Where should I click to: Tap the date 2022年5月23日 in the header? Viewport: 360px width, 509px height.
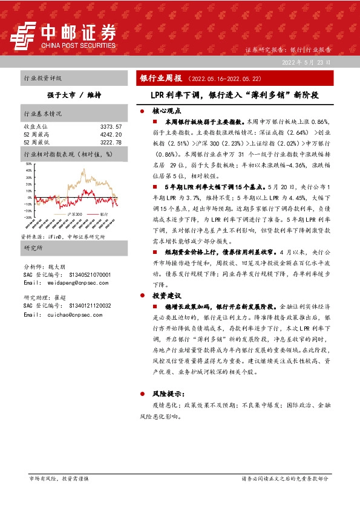click(307, 62)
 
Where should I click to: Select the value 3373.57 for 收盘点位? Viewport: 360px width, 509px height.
click(111, 126)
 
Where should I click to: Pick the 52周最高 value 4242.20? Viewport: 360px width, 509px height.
click(111, 134)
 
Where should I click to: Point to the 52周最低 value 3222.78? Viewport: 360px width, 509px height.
click(111, 142)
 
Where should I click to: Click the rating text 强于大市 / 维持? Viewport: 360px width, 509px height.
click(74, 96)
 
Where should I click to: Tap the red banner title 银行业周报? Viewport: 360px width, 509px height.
click(161, 79)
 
